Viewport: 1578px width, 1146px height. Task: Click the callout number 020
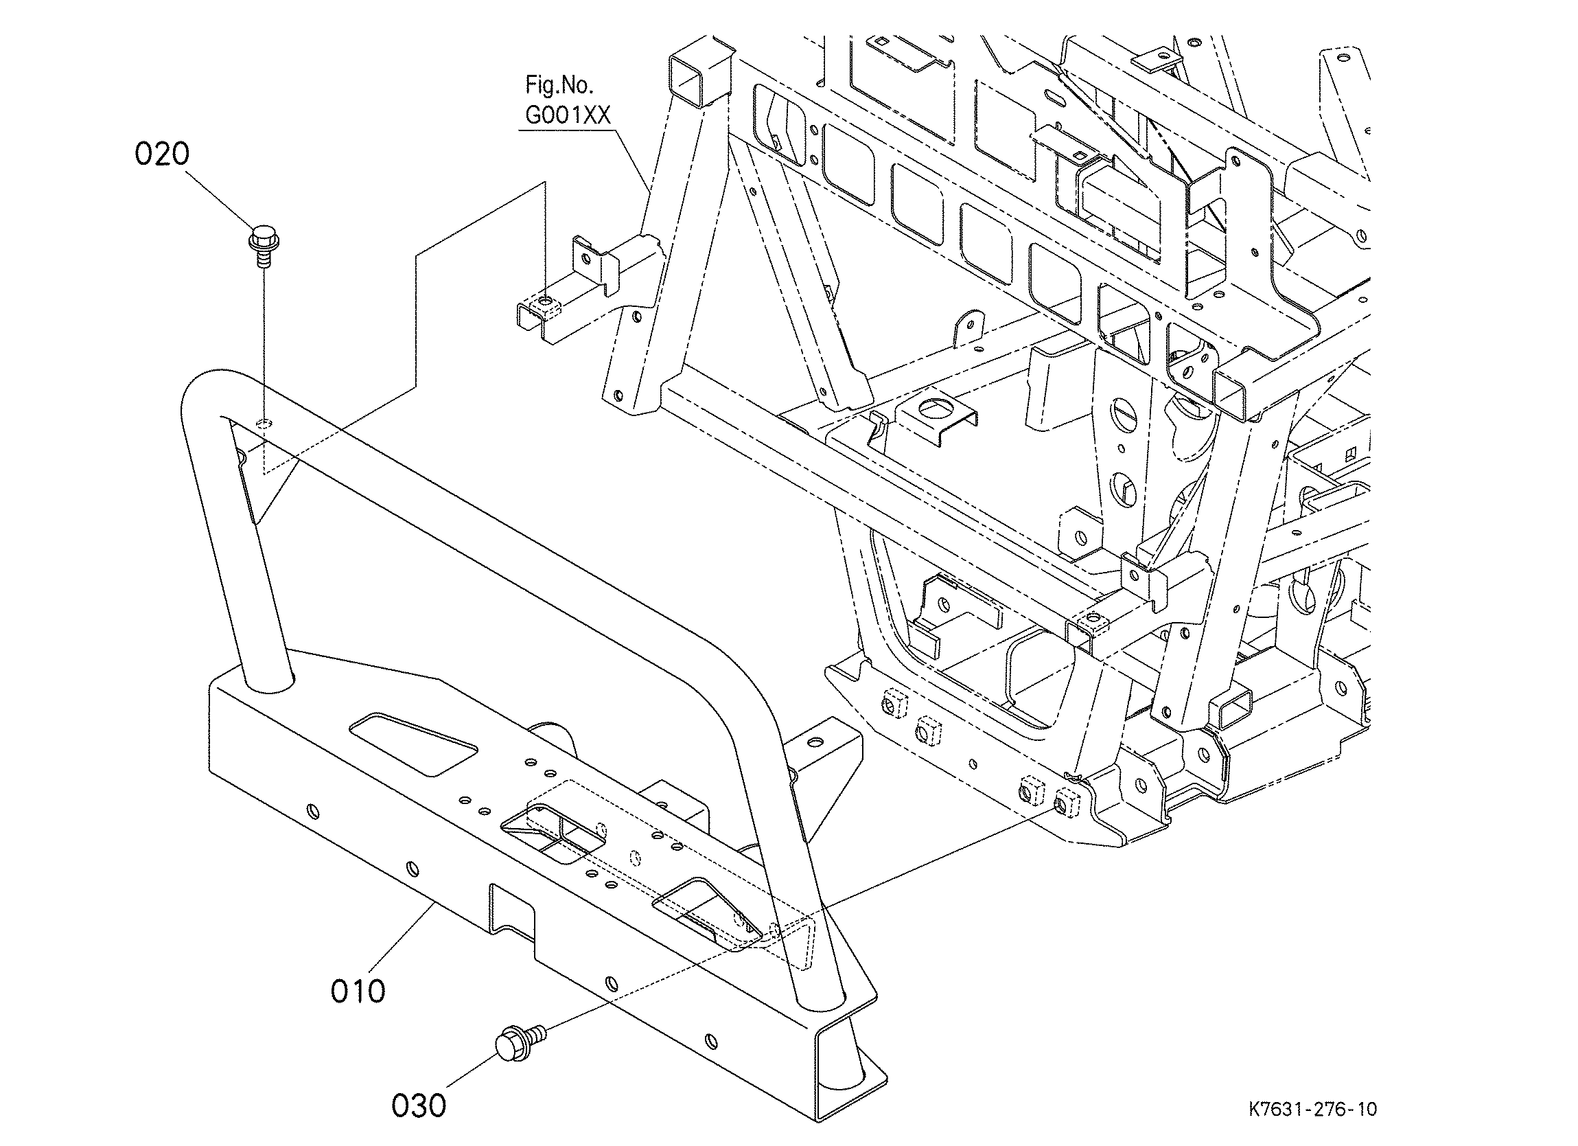tap(161, 154)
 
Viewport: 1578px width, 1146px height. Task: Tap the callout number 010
tap(358, 991)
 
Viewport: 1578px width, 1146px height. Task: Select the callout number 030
tap(419, 1105)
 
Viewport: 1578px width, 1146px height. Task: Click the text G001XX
tap(568, 115)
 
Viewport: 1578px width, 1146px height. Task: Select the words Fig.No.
tap(559, 86)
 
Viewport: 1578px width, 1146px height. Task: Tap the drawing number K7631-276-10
tap(1312, 1108)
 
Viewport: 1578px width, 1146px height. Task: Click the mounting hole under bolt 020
tap(264, 422)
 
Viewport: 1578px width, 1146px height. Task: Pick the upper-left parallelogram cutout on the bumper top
tap(413, 743)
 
